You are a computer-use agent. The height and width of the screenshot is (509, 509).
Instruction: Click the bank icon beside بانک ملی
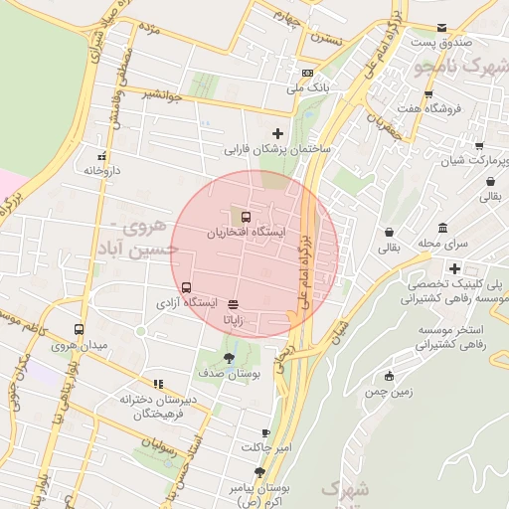point(307,74)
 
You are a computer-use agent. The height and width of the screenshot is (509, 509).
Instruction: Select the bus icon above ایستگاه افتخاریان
point(245,216)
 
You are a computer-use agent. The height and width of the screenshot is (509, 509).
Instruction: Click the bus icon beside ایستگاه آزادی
point(188,287)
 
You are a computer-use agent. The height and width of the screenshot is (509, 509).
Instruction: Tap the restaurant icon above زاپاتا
point(233,305)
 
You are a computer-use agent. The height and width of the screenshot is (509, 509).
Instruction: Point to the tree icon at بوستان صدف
point(230,357)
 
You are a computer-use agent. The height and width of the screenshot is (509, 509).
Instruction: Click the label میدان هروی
point(79,345)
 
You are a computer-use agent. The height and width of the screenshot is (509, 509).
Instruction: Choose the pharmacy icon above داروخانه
point(101,156)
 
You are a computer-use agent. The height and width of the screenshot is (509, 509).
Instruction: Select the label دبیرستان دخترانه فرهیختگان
point(159,406)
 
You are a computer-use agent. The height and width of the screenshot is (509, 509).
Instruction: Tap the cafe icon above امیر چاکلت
point(265,432)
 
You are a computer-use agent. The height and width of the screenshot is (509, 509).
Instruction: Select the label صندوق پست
point(437,43)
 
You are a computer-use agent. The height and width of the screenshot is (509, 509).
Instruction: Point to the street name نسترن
point(324,39)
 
